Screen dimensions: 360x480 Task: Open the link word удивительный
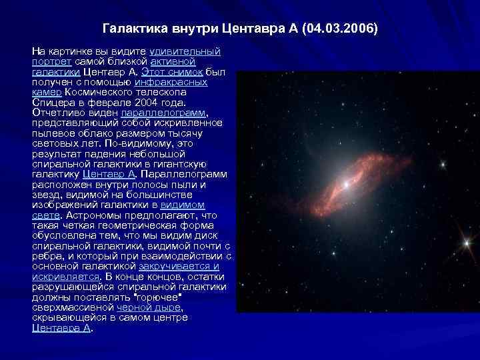(x=186, y=51)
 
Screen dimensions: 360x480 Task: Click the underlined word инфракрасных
(x=175, y=82)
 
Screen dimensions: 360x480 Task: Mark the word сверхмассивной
(x=73, y=307)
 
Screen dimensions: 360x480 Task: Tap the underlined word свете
(x=45, y=215)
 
